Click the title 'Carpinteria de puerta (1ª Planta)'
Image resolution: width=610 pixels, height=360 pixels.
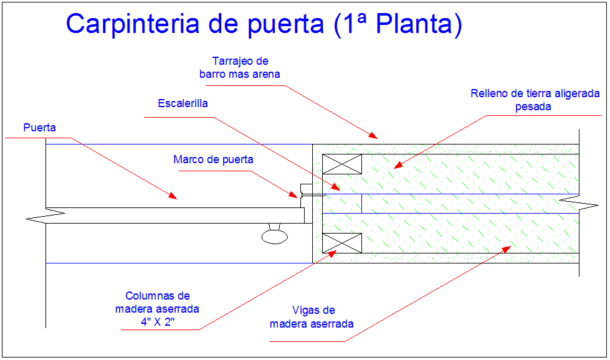[x=264, y=24]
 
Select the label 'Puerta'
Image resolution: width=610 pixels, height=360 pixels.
[x=40, y=128]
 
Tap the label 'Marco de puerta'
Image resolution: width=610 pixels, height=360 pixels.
[x=213, y=159]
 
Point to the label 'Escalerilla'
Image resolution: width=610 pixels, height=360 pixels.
[x=183, y=103]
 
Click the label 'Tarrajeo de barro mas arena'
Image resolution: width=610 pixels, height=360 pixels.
[x=240, y=68]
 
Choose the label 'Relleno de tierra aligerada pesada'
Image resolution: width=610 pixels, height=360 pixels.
[x=535, y=100]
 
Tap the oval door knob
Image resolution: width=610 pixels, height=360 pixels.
[x=274, y=235]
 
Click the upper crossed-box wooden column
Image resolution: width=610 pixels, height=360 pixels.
[x=341, y=164]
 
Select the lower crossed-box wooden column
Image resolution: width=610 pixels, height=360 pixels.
[x=341, y=243]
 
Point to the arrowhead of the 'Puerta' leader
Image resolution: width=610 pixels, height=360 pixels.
[x=174, y=197]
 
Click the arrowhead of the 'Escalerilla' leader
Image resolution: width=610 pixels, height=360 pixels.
[x=336, y=187]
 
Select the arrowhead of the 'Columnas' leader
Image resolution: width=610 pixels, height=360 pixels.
[x=332, y=253]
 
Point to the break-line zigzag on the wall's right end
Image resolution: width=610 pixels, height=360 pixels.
[x=570, y=199]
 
